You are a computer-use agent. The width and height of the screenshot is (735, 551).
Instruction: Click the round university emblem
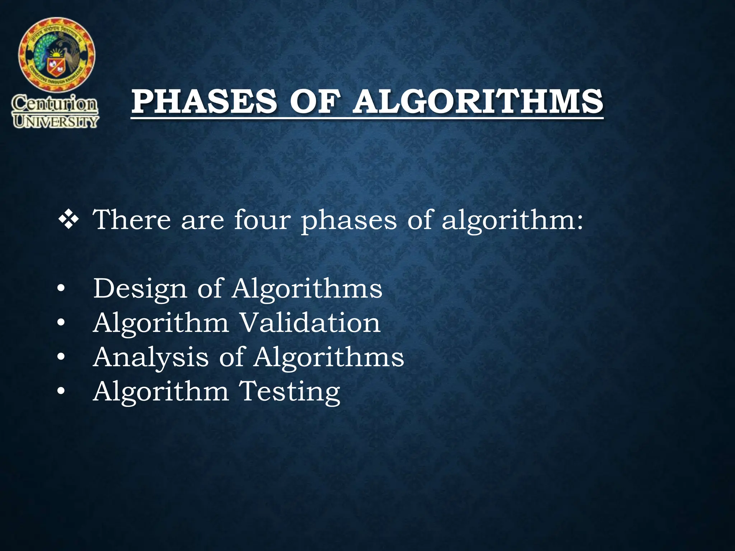click(x=57, y=55)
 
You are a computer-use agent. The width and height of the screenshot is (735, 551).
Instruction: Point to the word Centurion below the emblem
click(x=55, y=104)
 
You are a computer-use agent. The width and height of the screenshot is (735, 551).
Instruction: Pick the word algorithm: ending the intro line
click(x=512, y=221)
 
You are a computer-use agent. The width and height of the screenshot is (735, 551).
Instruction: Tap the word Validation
click(x=310, y=322)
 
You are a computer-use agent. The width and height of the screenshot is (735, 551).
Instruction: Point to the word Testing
click(x=289, y=392)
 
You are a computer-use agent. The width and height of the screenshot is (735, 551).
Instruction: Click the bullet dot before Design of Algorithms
click(x=61, y=289)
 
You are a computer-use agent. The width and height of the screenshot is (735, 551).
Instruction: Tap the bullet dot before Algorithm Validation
click(x=61, y=323)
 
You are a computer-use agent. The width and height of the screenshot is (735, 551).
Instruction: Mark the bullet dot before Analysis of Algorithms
click(x=61, y=357)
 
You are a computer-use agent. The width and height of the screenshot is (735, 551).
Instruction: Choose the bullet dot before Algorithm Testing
click(x=61, y=391)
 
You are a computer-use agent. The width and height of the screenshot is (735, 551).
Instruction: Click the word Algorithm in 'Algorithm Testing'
click(x=161, y=392)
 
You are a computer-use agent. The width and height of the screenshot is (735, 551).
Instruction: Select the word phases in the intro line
click(x=349, y=221)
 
